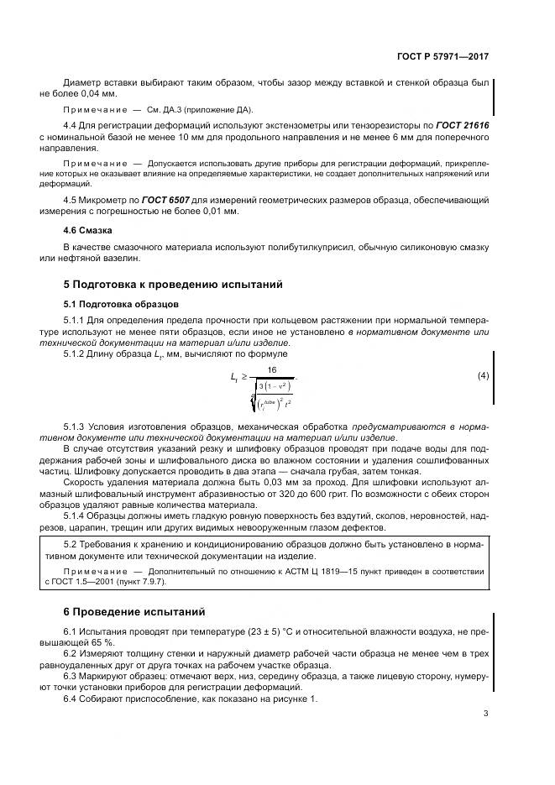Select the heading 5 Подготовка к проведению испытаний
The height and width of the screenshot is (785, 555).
(174, 285)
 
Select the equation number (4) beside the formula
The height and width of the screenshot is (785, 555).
(483, 374)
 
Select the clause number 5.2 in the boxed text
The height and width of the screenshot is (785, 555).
(72, 544)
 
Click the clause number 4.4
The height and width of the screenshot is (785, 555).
(72, 125)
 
